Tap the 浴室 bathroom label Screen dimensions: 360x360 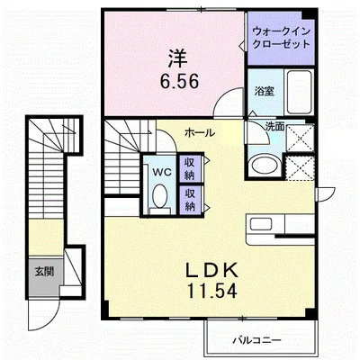pos(265,91)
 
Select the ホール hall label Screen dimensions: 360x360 pos(199,132)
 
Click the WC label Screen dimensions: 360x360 pos(160,170)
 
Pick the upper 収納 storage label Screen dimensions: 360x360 pos(191,167)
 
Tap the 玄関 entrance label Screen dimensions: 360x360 pos(44,270)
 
